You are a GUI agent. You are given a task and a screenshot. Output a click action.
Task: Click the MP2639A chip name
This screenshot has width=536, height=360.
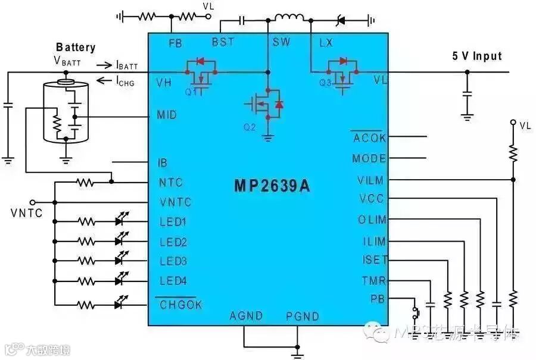(x=272, y=186)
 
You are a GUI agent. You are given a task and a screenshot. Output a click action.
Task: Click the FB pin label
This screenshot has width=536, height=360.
(x=175, y=43)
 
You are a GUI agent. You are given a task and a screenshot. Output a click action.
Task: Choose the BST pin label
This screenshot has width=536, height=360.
(x=223, y=42)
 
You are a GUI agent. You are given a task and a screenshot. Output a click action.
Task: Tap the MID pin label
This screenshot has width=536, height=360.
(x=166, y=115)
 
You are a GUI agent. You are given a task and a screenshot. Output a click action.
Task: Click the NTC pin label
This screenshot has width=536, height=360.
(x=171, y=183)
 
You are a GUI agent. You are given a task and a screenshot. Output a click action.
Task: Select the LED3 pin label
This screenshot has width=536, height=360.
(x=173, y=261)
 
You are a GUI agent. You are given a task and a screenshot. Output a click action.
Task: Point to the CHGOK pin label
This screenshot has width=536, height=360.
(x=181, y=305)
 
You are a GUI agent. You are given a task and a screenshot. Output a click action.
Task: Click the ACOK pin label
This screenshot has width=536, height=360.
(x=369, y=139)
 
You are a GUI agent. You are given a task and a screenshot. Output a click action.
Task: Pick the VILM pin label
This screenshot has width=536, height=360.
(x=371, y=180)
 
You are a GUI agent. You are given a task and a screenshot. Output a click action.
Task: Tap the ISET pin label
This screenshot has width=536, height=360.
(x=375, y=260)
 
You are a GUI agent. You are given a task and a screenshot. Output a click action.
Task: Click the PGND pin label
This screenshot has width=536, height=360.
(x=302, y=316)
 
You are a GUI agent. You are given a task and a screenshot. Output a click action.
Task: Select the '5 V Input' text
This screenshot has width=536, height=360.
(x=476, y=57)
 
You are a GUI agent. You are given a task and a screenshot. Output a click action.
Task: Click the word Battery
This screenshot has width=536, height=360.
(x=76, y=47)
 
